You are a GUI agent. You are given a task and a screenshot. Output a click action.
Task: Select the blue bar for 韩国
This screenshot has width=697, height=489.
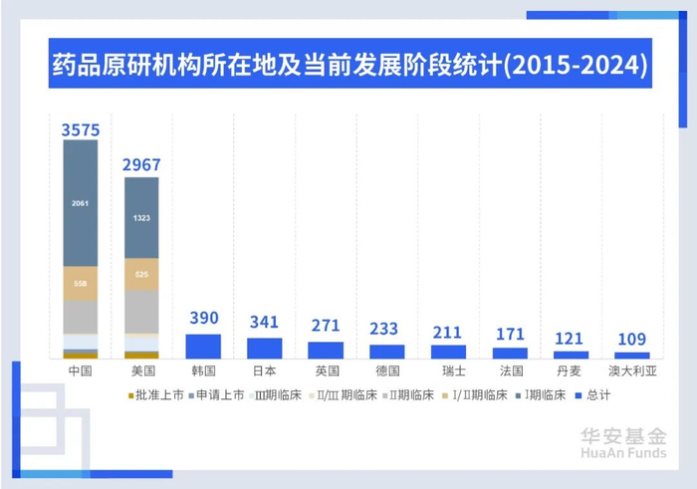[203, 346]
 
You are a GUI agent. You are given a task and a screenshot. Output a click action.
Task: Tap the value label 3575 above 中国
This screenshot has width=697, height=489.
[80, 128]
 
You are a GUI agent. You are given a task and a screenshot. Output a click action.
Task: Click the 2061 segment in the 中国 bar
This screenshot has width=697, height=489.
[80, 203]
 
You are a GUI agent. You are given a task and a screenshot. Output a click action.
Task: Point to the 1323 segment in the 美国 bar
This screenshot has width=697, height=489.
[141, 217]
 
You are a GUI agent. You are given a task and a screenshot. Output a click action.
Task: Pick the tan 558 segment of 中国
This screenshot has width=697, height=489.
[80, 283]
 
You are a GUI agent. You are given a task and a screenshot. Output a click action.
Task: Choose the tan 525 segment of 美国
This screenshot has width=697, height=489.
[141, 274]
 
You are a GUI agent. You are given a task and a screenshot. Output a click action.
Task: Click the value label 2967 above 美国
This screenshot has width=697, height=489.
[141, 165]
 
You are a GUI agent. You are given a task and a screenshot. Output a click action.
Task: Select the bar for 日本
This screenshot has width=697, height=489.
[265, 348]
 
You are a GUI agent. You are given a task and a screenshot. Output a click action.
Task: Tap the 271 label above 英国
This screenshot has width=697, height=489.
[326, 326]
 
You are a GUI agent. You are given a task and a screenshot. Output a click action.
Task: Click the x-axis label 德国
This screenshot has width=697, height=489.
[387, 370]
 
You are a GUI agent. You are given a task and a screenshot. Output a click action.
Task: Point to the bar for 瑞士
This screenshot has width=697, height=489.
[448, 352]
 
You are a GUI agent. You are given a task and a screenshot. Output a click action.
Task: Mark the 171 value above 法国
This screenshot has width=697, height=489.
[510, 331]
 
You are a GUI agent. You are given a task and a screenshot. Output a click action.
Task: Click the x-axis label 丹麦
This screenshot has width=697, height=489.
[571, 370]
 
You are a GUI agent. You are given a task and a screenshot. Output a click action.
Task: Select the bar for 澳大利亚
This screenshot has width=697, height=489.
[632, 355]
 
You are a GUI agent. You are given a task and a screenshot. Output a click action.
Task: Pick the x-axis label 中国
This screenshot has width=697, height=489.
[80, 370]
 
